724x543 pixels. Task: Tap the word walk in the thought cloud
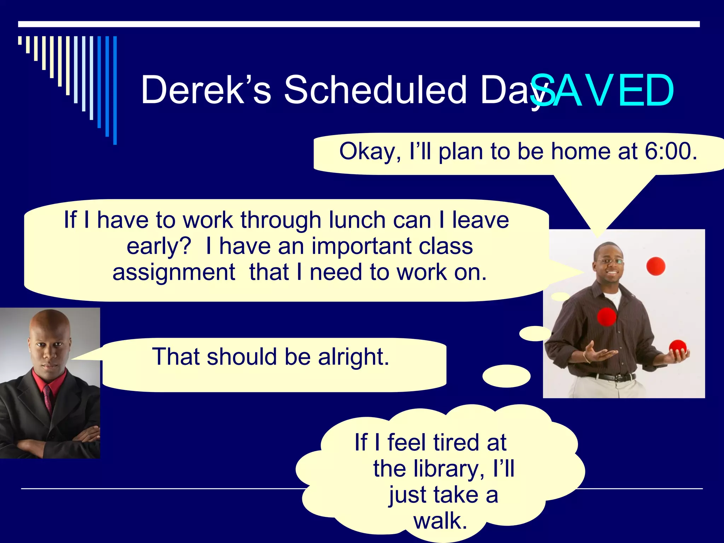point(440,521)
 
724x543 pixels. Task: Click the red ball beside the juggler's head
point(655,266)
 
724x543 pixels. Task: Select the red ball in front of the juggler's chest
point(607,316)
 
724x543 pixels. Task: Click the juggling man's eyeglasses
point(610,262)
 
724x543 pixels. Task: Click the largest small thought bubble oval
point(506,376)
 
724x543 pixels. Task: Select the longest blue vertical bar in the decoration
point(115,90)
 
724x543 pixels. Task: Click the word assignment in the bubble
point(174,272)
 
